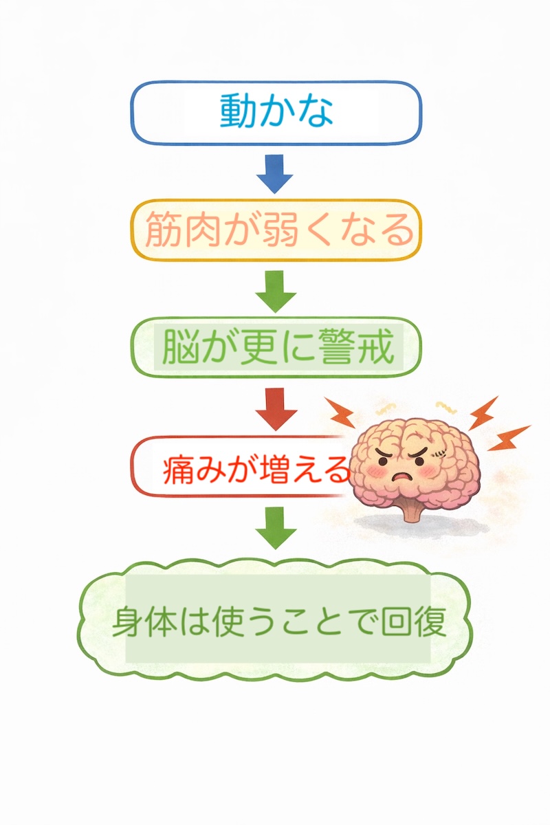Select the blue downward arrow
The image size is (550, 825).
275,173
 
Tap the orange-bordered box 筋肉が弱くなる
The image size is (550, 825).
275,230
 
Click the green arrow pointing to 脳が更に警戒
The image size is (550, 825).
275,290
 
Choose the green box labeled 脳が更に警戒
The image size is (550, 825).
275,348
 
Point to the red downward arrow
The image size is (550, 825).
276,407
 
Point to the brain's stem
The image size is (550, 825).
410,512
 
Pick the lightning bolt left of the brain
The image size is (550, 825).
339,412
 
